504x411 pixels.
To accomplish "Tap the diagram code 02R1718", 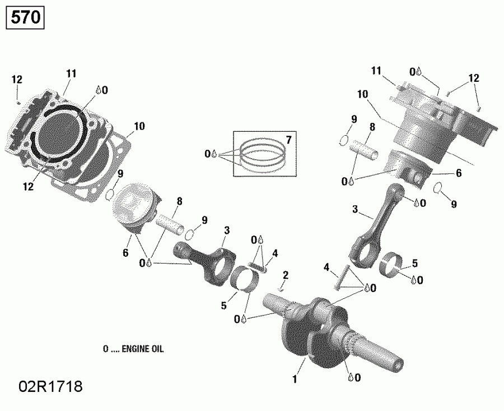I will pos(51,386).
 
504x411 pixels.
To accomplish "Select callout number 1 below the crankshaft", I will pos(293,380).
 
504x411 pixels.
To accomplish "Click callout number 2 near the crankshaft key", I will pos(286,275).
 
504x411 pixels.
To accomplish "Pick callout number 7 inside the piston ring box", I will pos(288,139).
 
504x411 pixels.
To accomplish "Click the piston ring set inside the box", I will pos(262,154).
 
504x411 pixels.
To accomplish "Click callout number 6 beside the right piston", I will pos(458,174).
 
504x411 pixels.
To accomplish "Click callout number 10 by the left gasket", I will pos(139,126).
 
